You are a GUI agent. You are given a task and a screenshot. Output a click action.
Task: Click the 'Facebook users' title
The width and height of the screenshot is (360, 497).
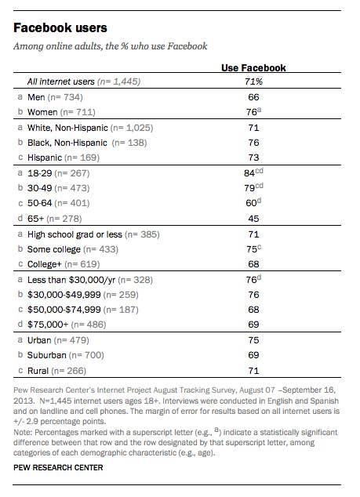click(x=60, y=28)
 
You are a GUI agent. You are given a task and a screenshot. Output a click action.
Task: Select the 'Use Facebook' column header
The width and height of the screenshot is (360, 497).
click(x=253, y=68)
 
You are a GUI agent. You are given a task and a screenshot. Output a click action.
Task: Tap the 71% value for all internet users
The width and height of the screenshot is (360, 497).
click(x=254, y=82)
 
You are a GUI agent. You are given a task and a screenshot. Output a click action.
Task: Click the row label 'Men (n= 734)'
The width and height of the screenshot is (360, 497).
click(x=55, y=97)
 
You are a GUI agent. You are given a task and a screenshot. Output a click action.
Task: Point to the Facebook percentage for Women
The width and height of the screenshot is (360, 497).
click(x=253, y=112)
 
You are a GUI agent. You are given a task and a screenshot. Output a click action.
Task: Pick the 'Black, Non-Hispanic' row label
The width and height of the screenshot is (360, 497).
click(x=67, y=143)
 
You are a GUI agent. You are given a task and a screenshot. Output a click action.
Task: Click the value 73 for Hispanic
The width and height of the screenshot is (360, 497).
click(x=254, y=158)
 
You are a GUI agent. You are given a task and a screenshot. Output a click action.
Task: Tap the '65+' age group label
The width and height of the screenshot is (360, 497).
click(x=37, y=219)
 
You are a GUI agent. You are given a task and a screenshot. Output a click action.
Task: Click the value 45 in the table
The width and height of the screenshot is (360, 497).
click(x=254, y=219)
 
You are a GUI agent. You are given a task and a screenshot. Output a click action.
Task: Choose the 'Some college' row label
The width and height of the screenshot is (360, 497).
click(x=54, y=249)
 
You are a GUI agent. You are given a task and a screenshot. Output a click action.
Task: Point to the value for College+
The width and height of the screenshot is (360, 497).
click(x=254, y=264)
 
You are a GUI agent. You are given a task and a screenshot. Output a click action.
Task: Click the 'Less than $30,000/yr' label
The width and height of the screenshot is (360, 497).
click(x=71, y=280)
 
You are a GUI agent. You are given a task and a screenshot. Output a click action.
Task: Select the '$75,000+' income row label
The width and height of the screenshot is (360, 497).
click(x=48, y=325)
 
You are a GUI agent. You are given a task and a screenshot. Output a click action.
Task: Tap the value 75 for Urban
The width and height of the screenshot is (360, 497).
click(x=254, y=340)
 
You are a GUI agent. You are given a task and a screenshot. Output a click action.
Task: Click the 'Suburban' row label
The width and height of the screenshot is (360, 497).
click(x=46, y=355)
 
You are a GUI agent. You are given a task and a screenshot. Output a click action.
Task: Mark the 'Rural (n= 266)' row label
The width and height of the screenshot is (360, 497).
click(x=56, y=371)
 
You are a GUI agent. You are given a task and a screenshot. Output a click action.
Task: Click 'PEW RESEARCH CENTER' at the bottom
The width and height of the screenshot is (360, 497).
click(x=58, y=468)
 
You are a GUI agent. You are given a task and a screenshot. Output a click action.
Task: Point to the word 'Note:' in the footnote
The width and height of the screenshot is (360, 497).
click(x=23, y=433)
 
